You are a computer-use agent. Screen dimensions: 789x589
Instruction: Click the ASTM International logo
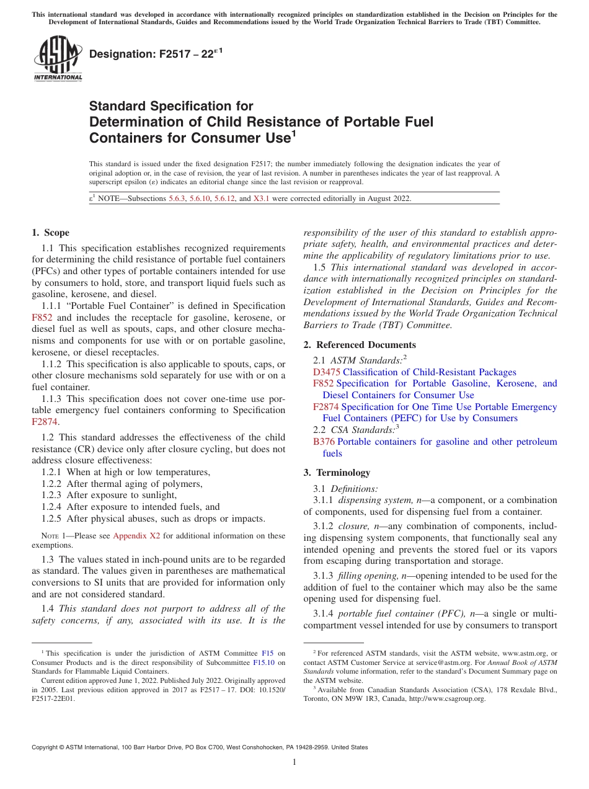point(58,59)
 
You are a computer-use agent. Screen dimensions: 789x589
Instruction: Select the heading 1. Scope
point(50,233)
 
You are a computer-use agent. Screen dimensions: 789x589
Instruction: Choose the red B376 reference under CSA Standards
point(324,442)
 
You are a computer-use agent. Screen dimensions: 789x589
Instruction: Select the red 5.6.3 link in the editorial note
point(179,198)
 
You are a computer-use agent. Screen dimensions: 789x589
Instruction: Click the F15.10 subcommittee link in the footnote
point(263,662)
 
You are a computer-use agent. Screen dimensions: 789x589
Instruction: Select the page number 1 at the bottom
point(294,762)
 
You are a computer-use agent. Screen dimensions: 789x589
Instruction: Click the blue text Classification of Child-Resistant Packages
point(429,372)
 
